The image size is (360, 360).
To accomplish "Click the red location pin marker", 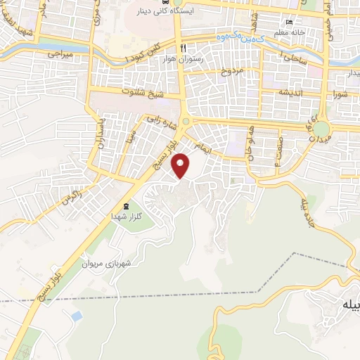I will tap(181, 165).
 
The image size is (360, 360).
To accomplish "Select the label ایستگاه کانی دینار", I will tap(165, 13).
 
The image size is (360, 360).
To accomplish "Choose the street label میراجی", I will tap(60, 53).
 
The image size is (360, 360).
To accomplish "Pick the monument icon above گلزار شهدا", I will tap(126, 207).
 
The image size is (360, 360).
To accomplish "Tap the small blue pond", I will tap(76, 316).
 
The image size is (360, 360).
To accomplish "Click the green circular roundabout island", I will tap(321, 129).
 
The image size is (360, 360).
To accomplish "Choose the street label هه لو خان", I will tap(249, 144).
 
